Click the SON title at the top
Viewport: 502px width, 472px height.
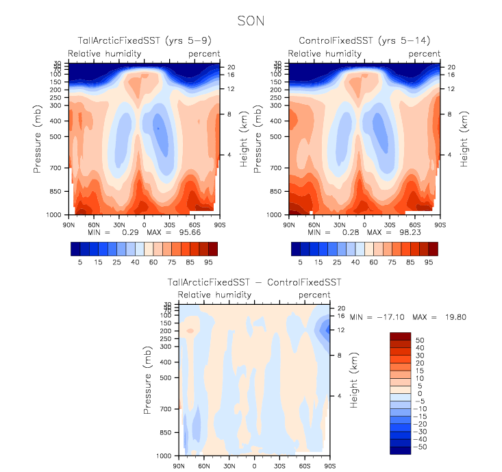251,21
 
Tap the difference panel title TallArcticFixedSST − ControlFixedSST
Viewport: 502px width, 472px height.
254,282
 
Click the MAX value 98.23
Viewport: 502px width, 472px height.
401,232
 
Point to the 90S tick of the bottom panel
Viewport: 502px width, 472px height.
329,467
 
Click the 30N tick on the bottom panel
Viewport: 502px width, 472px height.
229,467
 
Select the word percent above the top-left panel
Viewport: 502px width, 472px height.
205,53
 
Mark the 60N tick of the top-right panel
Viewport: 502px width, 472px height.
314,224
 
